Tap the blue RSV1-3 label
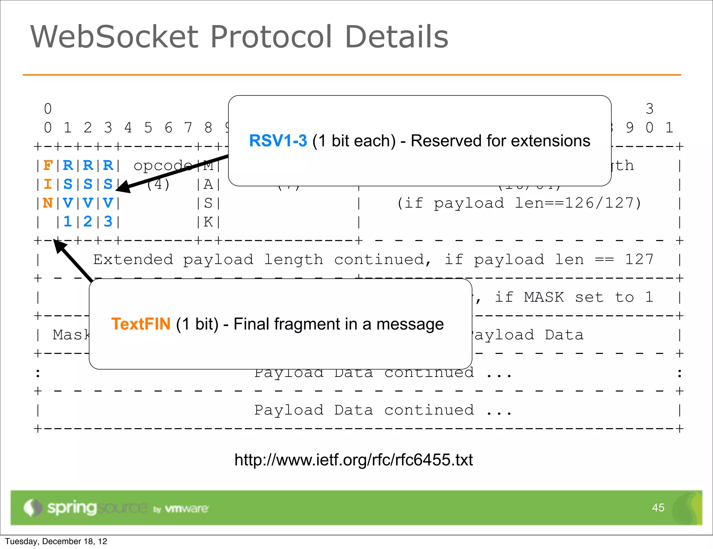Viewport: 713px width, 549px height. pos(278,141)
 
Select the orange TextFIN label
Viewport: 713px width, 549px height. pos(141,324)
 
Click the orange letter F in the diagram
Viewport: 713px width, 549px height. pos(48,165)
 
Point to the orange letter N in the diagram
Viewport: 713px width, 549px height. pos(48,203)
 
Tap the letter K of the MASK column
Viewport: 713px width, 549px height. pos(208,222)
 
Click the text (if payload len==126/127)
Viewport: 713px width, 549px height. pos(519,203)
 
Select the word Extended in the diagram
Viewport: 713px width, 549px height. pos(133,260)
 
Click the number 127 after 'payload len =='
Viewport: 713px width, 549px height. pos(639,260)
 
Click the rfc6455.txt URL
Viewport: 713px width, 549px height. pos(353,460)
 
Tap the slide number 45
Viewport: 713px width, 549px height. pos(658,508)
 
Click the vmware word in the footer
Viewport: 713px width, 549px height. pos(186,509)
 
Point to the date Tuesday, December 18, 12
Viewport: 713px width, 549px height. pos(56,541)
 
